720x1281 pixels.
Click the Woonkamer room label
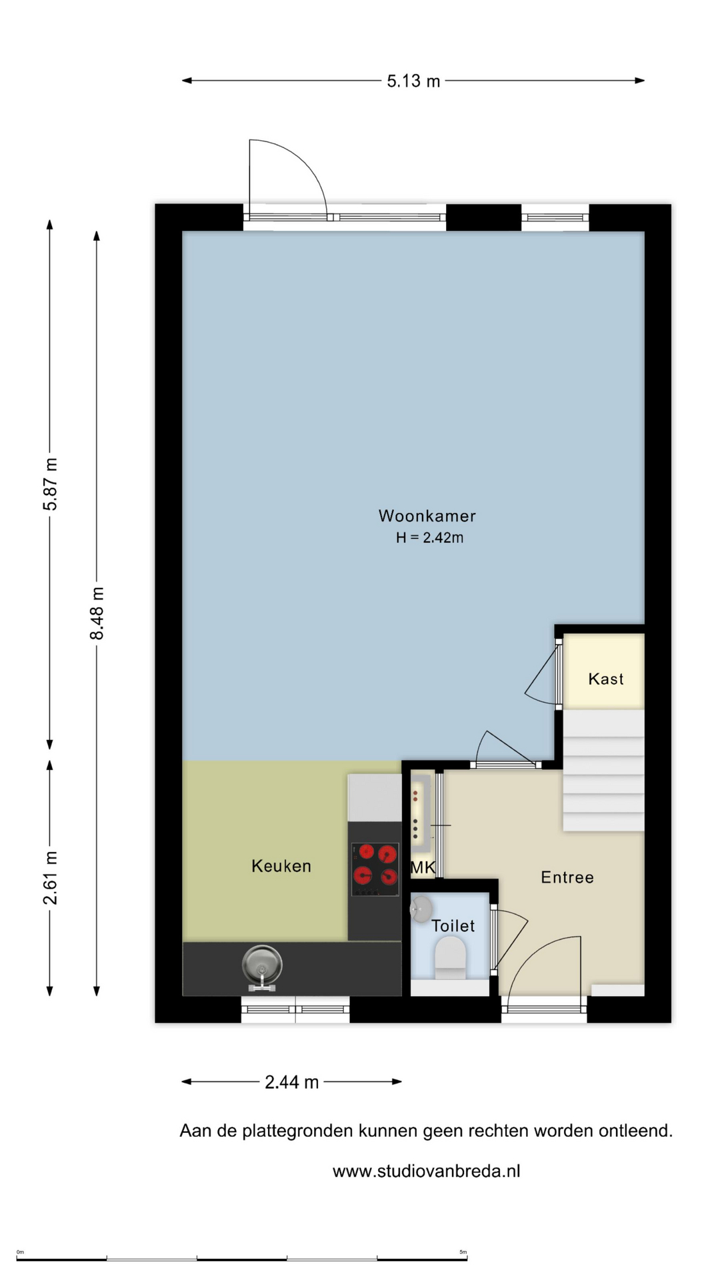427,516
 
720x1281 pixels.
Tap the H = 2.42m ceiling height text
429,538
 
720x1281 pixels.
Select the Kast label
605,679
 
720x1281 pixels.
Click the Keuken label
281,866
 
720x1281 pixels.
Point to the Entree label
567,877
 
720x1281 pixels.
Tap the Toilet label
453,926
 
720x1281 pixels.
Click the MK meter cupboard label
423,867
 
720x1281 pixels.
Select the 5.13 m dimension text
413,81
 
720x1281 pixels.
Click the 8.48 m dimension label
97,613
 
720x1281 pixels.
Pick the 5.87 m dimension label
51,484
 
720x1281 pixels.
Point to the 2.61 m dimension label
51,878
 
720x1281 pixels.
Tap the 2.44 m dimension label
292,1082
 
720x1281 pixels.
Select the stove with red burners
375,869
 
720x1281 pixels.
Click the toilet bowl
450,958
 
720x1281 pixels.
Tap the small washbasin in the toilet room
421,909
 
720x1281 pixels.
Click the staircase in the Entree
603,770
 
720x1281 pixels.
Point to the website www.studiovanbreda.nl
427,1171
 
